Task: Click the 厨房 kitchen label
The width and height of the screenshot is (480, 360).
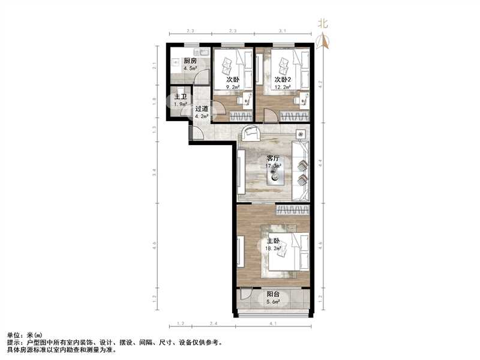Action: coord(191,61)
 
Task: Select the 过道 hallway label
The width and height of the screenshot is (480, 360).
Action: coord(202,109)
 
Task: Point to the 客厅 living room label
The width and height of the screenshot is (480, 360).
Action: coord(274,158)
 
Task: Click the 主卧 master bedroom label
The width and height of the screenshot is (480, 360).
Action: coord(274,241)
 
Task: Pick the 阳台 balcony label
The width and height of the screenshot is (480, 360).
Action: coord(273,295)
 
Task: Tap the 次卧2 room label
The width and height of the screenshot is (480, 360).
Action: coord(283,79)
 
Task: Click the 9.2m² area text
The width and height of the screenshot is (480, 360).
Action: coord(233,87)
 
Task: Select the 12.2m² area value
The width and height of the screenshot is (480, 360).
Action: coord(283,87)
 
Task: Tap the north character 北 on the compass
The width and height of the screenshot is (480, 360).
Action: coord(323,24)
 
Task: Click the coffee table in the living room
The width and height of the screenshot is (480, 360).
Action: coord(275,173)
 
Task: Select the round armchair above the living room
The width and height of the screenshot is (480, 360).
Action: coord(250,133)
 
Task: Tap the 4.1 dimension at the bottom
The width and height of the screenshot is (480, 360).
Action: coord(273,325)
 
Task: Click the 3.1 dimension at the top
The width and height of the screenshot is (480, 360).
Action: coord(282,31)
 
